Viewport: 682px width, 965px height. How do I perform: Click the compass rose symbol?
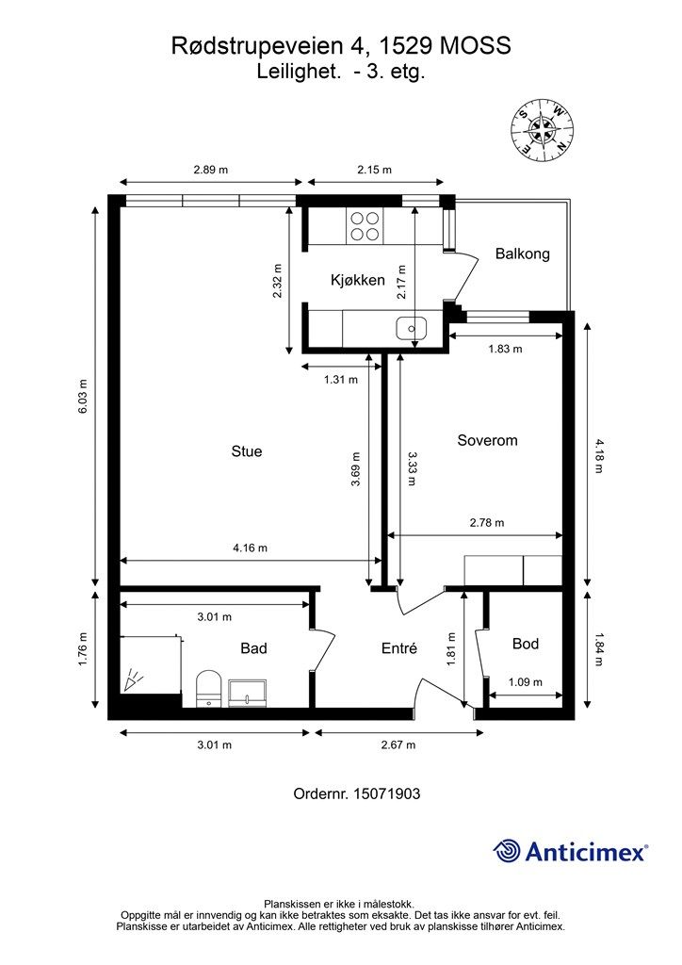point(543,130)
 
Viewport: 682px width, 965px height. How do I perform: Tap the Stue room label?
point(247,451)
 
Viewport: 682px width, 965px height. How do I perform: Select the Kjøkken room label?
point(358,280)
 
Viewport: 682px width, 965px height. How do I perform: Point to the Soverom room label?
point(488,440)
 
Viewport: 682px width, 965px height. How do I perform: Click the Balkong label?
point(523,254)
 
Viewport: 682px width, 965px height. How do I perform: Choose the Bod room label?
point(526,644)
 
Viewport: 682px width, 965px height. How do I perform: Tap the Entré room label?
point(399,648)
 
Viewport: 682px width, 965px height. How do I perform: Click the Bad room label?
point(253,648)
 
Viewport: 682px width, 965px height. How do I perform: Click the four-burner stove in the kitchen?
point(365,225)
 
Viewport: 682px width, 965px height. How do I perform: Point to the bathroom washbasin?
point(247,692)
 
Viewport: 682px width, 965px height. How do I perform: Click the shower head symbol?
point(132,681)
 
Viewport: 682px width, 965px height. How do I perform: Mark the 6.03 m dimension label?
point(82,397)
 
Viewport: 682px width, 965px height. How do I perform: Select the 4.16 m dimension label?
point(251,548)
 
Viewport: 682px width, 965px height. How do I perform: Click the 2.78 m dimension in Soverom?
point(487,522)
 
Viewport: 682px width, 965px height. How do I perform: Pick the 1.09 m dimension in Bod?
point(526,682)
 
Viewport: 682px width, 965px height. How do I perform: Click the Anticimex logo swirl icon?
point(507,851)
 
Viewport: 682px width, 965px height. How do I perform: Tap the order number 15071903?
point(387,793)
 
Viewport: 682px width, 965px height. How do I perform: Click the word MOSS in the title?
point(476,45)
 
